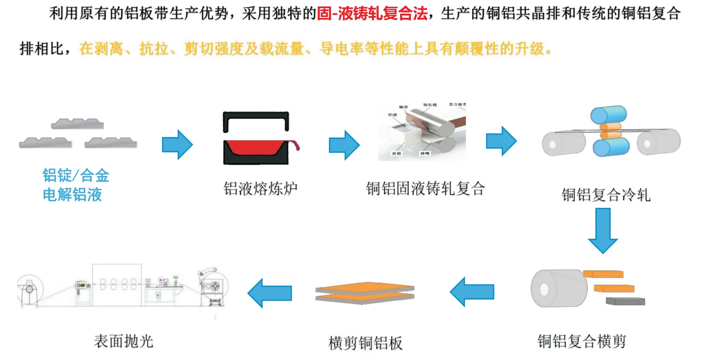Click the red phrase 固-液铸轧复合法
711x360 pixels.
(x=372, y=14)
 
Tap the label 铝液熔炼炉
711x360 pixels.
(x=260, y=188)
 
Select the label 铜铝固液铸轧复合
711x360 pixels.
(x=425, y=188)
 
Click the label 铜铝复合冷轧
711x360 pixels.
(x=606, y=195)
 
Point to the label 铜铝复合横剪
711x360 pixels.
(x=582, y=341)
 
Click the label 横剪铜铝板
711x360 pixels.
(x=365, y=343)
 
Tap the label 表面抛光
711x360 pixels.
(x=123, y=341)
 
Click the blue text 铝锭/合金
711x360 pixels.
(x=76, y=176)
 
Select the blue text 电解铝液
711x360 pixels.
(x=72, y=195)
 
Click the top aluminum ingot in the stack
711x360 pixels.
(x=77, y=124)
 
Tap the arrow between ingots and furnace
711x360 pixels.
(x=177, y=145)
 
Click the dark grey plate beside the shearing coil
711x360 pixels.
(x=625, y=301)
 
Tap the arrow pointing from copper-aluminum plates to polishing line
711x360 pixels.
(x=270, y=293)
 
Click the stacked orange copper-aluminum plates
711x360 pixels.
(x=365, y=293)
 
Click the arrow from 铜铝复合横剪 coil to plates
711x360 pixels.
(x=472, y=292)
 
